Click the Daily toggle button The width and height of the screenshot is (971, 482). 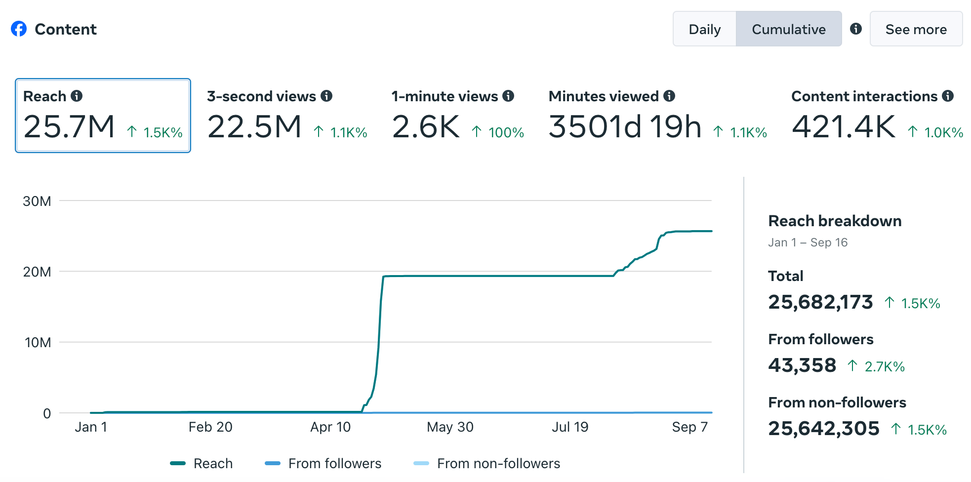click(x=704, y=29)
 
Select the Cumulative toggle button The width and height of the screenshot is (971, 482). click(x=788, y=29)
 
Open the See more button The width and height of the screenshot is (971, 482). click(x=916, y=29)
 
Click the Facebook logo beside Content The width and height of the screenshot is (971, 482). click(x=19, y=29)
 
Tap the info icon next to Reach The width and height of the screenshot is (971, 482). click(x=77, y=96)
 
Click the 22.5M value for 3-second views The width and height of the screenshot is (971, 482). click(x=254, y=127)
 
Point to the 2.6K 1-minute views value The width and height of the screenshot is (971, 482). click(x=426, y=127)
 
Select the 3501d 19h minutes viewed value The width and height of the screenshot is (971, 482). click(x=625, y=127)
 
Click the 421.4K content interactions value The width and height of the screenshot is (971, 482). click(x=844, y=127)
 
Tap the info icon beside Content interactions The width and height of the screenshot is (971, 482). click(x=947, y=96)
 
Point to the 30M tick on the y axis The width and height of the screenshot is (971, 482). click(x=37, y=201)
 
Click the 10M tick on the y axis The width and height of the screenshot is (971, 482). click(x=38, y=342)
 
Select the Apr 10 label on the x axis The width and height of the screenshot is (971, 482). click(x=330, y=427)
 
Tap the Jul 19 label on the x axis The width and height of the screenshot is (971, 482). click(x=570, y=427)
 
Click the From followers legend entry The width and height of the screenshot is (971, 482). click(x=323, y=463)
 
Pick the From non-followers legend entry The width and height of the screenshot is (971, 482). click(x=486, y=463)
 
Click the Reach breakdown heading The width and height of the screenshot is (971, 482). click(x=835, y=221)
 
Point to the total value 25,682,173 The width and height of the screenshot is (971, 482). click(x=820, y=302)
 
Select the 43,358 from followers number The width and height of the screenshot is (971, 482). click(x=802, y=365)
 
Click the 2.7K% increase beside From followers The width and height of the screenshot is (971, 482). click(x=884, y=366)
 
